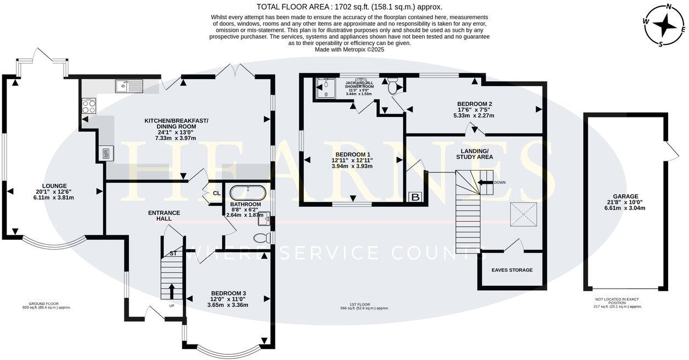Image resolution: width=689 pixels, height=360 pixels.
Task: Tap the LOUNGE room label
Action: (x=55, y=186)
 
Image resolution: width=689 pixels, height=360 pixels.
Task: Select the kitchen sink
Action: (x=129, y=86)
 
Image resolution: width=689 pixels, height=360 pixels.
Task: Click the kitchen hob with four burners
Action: (x=89, y=105)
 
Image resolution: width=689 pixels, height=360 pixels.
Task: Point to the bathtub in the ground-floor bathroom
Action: (x=249, y=193)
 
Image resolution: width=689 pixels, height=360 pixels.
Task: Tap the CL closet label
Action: (x=216, y=193)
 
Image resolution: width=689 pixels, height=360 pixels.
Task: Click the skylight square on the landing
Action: (x=524, y=213)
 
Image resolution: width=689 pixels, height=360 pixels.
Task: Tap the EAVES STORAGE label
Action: (x=512, y=270)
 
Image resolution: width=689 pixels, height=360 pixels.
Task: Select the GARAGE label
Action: (x=626, y=196)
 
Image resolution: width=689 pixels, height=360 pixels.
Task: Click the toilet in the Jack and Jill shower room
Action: (x=393, y=86)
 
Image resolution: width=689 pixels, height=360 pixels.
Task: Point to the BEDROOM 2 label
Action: (x=475, y=104)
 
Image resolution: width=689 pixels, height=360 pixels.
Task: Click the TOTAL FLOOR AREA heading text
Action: (x=349, y=7)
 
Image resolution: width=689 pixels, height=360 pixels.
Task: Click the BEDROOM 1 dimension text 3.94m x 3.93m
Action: (x=352, y=166)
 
